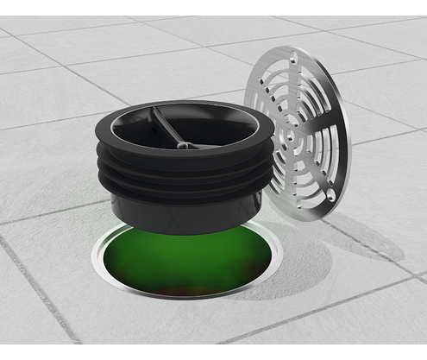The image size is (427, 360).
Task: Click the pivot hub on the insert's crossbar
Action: (x=183, y=145)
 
